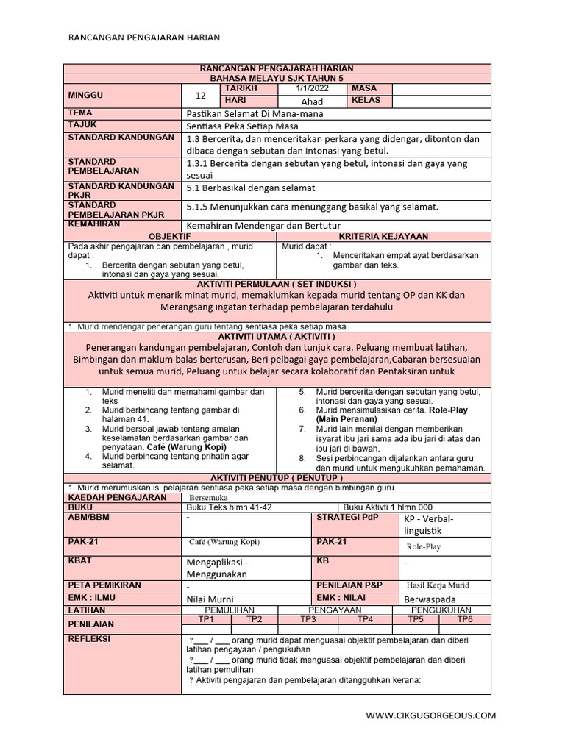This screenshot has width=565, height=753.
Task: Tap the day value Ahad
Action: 313,101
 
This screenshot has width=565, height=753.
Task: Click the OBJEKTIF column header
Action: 170,236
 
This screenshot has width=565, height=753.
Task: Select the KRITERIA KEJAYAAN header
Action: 383,236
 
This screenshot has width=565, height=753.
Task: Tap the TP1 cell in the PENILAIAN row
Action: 206,619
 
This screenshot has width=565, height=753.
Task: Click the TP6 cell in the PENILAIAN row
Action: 464,619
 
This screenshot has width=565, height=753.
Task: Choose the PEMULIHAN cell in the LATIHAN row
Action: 230,610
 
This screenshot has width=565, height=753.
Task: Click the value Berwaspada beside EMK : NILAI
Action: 430,599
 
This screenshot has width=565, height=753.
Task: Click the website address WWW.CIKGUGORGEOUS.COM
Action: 430,715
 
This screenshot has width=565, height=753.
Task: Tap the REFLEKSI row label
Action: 89,639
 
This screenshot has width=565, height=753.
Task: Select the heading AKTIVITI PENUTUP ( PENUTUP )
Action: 277,477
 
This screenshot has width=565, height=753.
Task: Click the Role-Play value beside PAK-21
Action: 424,546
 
